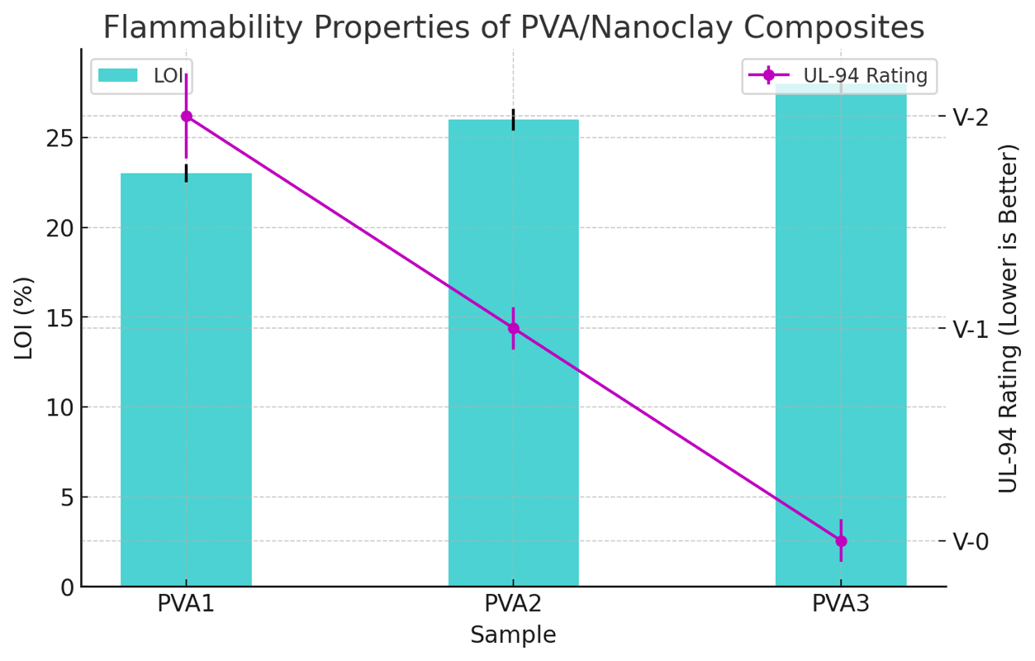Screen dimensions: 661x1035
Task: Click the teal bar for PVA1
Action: pyautogui.click(x=186, y=380)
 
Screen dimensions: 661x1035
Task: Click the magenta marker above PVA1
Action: pyautogui.click(x=186, y=117)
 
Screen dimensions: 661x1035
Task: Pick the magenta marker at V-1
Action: pyautogui.click(x=513, y=328)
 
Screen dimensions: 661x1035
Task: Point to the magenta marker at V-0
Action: pyautogui.click(x=841, y=541)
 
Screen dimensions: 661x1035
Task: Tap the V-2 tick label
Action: pyautogui.click(x=971, y=117)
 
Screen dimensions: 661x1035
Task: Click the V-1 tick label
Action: pyautogui.click(x=971, y=329)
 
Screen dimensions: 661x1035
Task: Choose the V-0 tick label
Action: pyautogui.click(x=971, y=541)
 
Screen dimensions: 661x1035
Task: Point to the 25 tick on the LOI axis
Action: pyautogui.click(x=59, y=138)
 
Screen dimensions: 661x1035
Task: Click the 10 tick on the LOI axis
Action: pyautogui.click(x=59, y=407)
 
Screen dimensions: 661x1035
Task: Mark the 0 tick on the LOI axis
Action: pyautogui.click(x=66, y=587)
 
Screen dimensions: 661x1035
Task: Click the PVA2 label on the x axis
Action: pyautogui.click(x=513, y=604)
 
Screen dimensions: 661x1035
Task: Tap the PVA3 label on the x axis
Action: pyautogui.click(x=840, y=604)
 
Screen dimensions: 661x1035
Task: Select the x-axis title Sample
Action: pyautogui.click(x=513, y=635)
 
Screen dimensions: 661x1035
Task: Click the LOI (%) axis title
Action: pyautogui.click(x=24, y=318)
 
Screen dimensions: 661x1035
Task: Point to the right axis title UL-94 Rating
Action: pyautogui.click(x=1009, y=318)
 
